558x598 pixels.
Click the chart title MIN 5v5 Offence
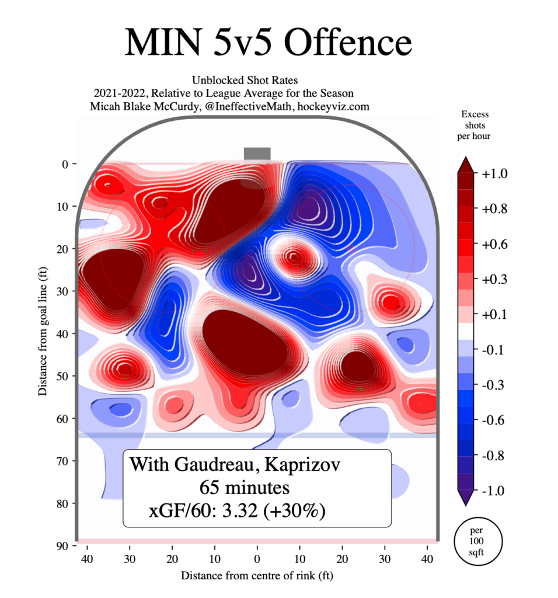(x=268, y=42)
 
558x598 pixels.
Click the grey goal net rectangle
(x=257, y=154)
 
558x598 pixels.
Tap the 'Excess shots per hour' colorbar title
(x=475, y=125)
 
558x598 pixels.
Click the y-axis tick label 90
(x=62, y=545)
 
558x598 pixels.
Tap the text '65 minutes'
(x=244, y=486)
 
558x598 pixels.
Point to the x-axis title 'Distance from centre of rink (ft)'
(x=257, y=576)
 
